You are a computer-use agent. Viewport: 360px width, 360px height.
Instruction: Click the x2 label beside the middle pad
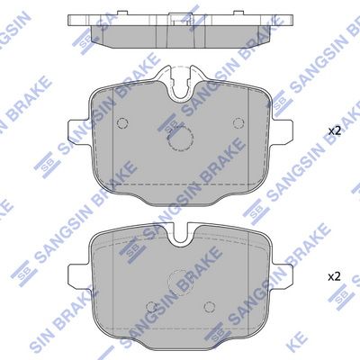click(x=334, y=131)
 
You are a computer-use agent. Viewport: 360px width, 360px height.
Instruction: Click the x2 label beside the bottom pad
click(x=334, y=276)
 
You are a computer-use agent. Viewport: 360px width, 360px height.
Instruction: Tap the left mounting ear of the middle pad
click(x=78, y=130)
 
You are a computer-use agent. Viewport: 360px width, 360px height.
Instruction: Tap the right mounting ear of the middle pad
click(x=283, y=130)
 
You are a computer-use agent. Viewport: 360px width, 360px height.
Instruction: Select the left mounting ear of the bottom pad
click(x=78, y=275)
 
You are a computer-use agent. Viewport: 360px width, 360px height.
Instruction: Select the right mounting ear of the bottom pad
click(x=283, y=275)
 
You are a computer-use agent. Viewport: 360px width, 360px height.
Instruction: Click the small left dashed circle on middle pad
click(x=122, y=123)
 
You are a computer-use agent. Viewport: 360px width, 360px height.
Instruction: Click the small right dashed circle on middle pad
click(x=238, y=123)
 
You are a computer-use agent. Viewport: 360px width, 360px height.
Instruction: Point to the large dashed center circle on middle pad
click(x=180, y=138)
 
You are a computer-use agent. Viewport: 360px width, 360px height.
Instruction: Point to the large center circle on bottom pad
click(x=180, y=282)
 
